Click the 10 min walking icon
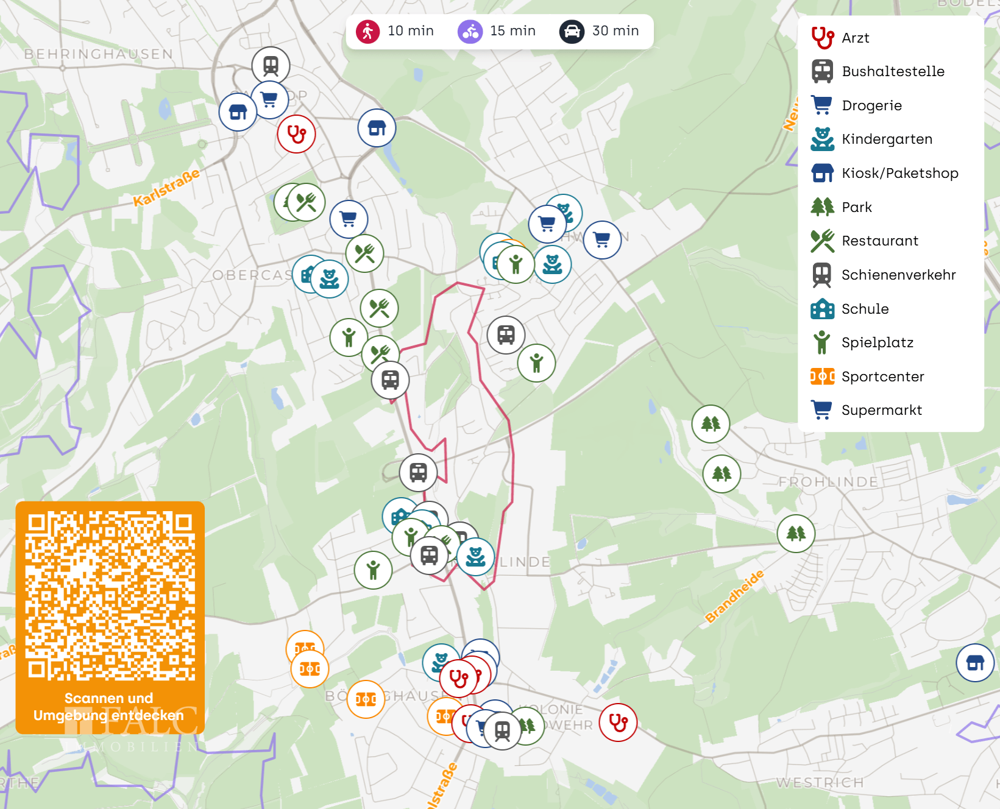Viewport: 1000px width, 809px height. (367, 31)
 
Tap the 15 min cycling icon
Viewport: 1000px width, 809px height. (470, 31)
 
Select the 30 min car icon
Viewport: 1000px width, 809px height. (572, 31)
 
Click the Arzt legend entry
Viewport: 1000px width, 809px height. (855, 38)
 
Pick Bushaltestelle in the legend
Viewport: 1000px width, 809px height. (893, 71)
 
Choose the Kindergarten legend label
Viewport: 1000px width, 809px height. (887, 139)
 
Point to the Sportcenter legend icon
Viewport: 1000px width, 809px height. (822, 376)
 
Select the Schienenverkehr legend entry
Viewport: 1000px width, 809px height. (898, 275)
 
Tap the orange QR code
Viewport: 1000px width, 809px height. (110, 596)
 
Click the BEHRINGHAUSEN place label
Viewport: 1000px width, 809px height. (99, 54)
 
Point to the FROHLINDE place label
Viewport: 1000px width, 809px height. (828, 482)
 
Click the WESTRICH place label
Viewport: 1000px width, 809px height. (820, 782)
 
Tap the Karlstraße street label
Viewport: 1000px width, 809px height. (166, 187)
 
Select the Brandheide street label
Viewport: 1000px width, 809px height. (734, 596)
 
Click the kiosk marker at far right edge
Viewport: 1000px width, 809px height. (975, 662)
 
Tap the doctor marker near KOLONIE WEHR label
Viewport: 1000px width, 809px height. (618, 722)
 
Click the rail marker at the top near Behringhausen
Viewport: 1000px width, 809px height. (271, 65)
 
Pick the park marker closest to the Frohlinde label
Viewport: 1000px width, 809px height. (796, 534)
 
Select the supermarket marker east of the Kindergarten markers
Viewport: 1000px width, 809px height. (602, 240)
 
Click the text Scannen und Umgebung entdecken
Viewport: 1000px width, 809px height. (108, 707)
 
